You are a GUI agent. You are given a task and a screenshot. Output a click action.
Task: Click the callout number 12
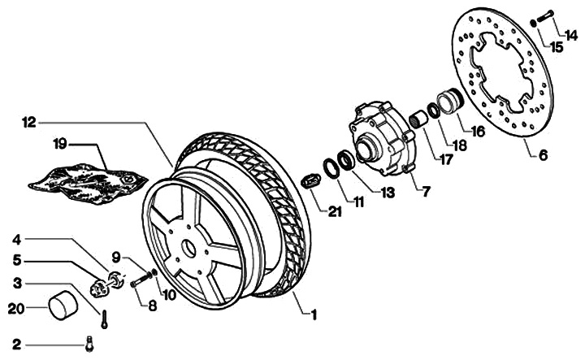pos(29,123)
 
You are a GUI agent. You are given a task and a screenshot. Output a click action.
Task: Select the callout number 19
pos(59,144)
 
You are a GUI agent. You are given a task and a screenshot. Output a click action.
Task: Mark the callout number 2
pos(16,345)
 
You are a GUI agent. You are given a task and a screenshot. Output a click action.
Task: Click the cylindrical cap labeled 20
pos(62,307)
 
